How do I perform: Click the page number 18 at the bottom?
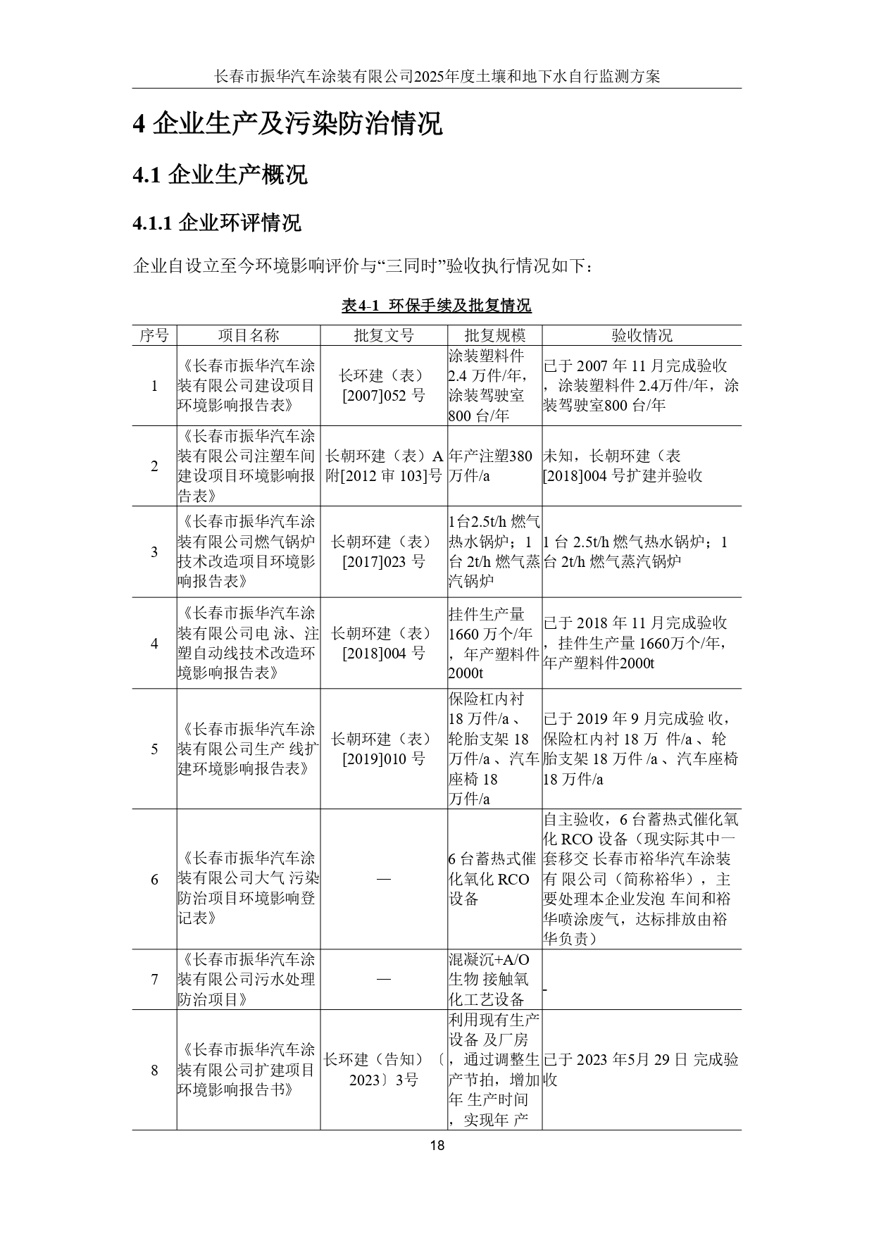pos(437,1144)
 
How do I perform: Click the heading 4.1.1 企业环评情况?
pos(217,223)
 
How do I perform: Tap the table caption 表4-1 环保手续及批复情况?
pos(437,306)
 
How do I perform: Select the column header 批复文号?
pos(384,335)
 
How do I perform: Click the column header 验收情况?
pos(642,335)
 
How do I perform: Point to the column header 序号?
pos(154,335)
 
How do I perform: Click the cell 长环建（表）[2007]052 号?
pos(384,385)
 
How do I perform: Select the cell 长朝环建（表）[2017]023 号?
pos(384,551)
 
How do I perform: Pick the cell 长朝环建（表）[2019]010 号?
pos(384,749)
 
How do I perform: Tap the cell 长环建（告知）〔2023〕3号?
pos(384,1070)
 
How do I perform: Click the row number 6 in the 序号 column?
pos(154,879)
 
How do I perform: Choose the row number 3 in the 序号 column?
pos(154,551)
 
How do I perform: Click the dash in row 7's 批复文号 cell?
pos(384,979)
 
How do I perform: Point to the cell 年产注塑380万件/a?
pos(494,466)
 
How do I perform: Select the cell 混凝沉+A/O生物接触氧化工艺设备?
pos(494,979)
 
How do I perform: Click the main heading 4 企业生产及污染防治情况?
pos(287,123)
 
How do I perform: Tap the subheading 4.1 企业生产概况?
pos(220,174)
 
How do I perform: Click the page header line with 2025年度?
pos(437,76)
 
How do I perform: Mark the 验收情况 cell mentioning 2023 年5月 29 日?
pos(641,1069)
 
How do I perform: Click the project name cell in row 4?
pos(248,643)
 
